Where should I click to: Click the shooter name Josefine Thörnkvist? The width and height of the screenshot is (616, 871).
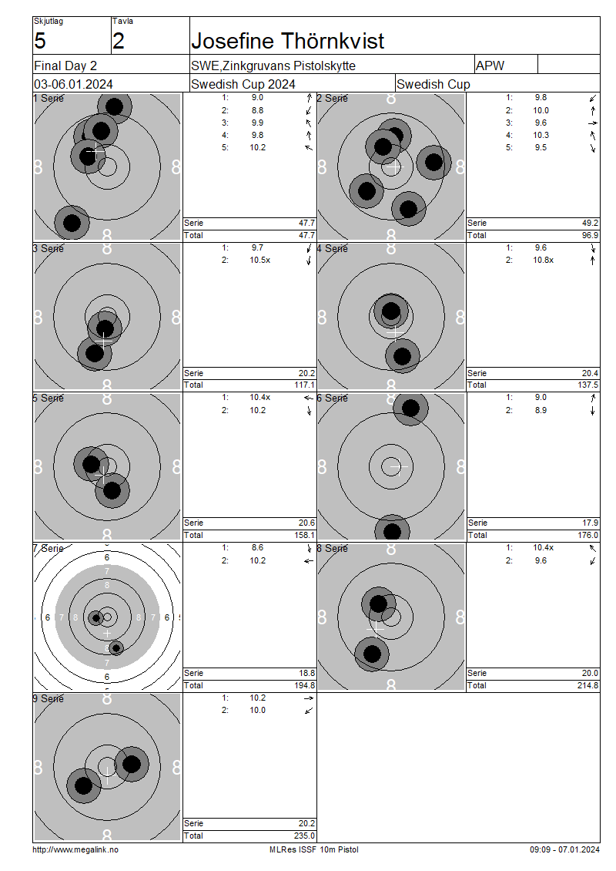point(287,41)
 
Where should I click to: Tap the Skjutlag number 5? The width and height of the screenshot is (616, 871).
point(40,41)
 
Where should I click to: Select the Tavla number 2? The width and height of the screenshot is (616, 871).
point(119,41)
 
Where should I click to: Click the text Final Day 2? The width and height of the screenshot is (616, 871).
point(65,66)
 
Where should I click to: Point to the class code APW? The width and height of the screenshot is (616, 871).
point(490,66)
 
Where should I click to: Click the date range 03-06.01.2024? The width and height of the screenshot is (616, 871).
point(73,85)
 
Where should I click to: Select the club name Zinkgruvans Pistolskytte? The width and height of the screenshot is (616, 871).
point(289,66)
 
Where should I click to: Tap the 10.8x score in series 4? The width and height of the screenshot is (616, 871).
point(544,260)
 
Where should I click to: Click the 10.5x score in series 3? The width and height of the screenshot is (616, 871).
point(259,260)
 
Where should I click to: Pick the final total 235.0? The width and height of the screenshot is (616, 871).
point(305,836)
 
